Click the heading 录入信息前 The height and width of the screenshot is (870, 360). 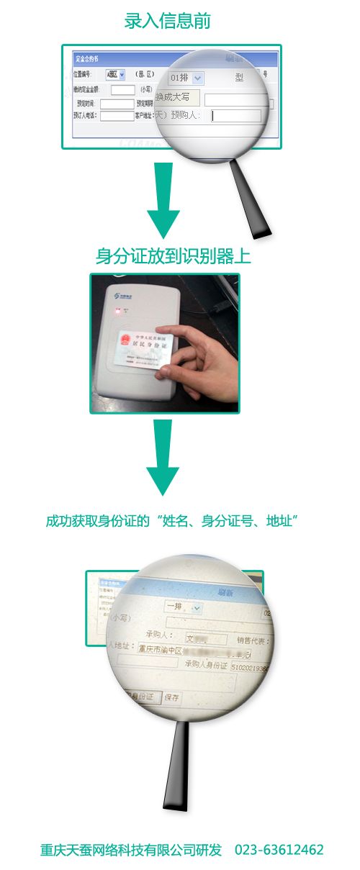[x=167, y=22]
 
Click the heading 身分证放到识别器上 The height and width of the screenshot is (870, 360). [x=173, y=256]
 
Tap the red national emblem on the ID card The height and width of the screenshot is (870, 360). [x=124, y=340]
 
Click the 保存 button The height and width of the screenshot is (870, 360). [x=172, y=697]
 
